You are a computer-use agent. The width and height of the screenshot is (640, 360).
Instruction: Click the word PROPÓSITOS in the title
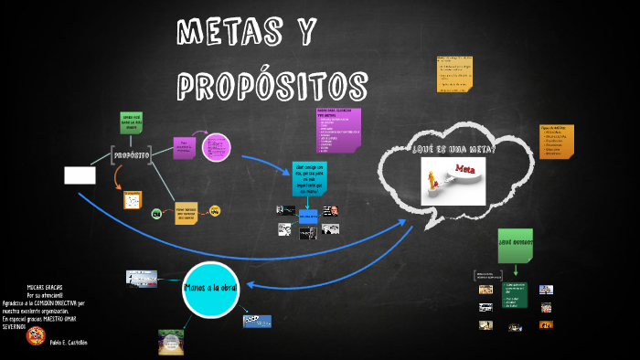coord(272,86)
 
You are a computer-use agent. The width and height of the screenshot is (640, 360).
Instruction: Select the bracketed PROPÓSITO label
coord(131,155)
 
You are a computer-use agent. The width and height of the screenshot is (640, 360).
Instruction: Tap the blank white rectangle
coord(80,175)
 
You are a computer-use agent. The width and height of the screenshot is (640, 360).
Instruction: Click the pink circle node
coord(217,146)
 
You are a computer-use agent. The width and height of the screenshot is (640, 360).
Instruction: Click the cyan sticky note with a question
coord(309,178)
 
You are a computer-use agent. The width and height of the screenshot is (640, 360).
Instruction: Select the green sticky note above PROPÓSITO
coord(132,123)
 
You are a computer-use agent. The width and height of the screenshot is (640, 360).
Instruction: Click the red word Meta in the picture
coord(464,170)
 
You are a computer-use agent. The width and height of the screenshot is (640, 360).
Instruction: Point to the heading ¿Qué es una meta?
coord(453,149)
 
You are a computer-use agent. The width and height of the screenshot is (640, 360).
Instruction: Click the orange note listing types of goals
coord(556,141)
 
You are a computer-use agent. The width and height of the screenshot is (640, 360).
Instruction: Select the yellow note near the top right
coord(454,72)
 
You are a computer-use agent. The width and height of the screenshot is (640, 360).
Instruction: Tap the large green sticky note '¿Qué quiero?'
coord(515,242)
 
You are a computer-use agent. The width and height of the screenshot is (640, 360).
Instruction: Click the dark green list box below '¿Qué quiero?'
coord(516,294)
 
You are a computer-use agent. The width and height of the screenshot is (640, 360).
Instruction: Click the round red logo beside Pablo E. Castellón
coord(36,336)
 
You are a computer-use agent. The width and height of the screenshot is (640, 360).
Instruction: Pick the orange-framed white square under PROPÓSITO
coord(133,199)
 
